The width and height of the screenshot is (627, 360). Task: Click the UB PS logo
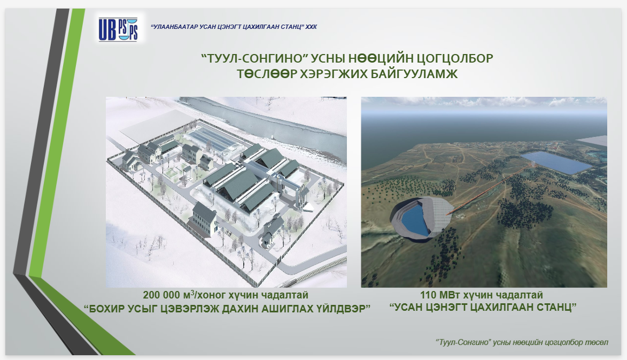click(x=118, y=29)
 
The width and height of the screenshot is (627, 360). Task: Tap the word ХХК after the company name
click(x=311, y=27)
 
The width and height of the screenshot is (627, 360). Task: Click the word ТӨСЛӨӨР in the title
click(x=266, y=74)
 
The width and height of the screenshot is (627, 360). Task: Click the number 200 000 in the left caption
click(x=161, y=295)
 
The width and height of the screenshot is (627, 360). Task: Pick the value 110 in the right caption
click(x=428, y=295)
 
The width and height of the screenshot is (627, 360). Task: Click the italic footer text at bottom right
click(x=522, y=342)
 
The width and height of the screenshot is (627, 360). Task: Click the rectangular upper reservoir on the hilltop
click(x=556, y=163)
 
